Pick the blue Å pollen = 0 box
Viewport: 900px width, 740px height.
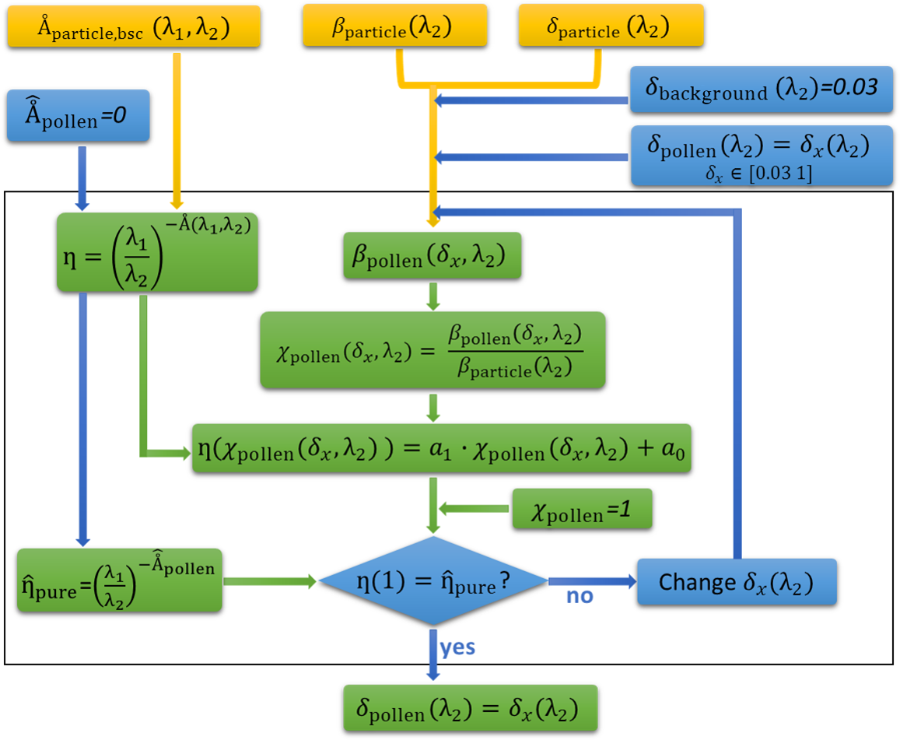78,116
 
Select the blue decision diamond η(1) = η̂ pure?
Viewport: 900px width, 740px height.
432,580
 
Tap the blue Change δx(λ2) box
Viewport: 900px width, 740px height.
736,581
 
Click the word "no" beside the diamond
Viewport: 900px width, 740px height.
580,596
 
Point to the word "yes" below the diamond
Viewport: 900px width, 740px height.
458,647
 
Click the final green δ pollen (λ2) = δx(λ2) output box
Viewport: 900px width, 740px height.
470,708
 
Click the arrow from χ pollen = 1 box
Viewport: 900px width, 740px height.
475,509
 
